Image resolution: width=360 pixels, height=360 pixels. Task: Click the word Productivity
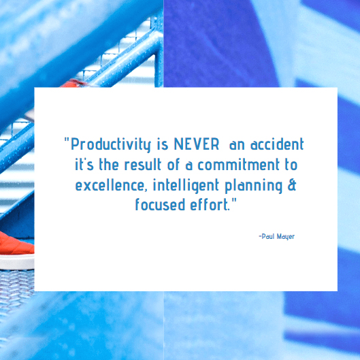(x=111, y=145)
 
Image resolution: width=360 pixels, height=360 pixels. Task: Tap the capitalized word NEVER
(x=197, y=144)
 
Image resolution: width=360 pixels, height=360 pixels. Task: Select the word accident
(x=277, y=144)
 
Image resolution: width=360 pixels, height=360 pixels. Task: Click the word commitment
(x=239, y=165)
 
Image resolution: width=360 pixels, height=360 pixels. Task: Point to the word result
(x=143, y=165)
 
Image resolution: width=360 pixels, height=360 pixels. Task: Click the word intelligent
(x=186, y=186)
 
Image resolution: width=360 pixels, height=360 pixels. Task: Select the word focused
(x=160, y=204)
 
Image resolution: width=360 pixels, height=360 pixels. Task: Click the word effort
(x=209, y=204)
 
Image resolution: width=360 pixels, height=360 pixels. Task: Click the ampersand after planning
(x=292, y=185)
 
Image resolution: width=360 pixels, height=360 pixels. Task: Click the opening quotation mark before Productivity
(x=67, y=140)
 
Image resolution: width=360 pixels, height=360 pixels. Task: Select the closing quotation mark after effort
(x=234, y=201)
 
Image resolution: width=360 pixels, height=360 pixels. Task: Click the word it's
(x=84, y=165)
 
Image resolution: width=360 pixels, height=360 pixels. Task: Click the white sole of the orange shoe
(x=16, y=262)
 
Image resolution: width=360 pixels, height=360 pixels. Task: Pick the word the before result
(x=109, y=165)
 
